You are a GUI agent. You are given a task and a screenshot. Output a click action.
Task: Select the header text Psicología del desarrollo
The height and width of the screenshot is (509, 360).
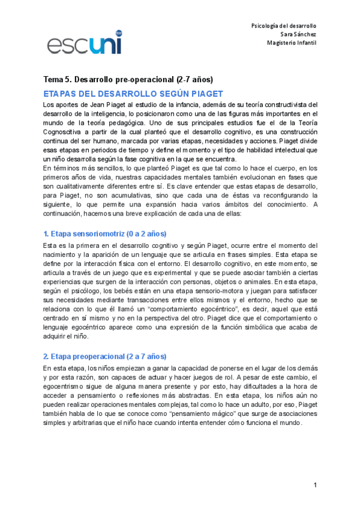(283, 26)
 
